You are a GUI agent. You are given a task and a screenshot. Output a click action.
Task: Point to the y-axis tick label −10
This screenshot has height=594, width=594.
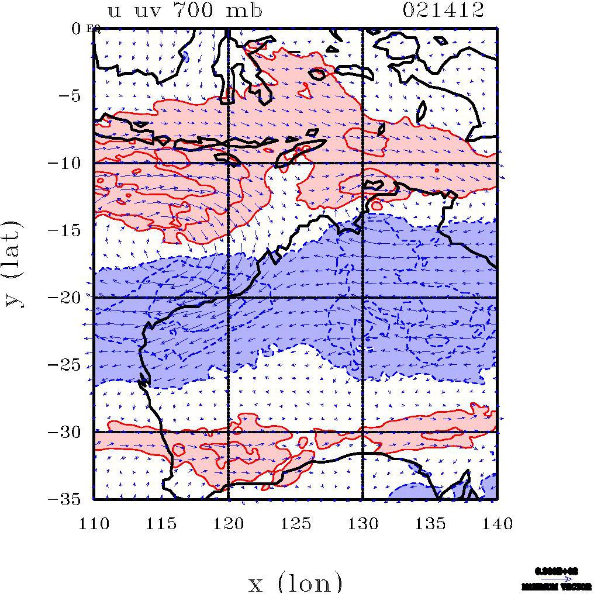(68, 163)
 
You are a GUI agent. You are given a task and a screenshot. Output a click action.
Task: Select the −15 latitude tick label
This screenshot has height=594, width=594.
(68, 230)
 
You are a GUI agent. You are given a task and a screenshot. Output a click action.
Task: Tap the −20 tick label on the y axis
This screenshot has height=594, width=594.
(68, 298)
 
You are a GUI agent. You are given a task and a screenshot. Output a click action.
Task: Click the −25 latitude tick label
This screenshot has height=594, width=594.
(68, 365)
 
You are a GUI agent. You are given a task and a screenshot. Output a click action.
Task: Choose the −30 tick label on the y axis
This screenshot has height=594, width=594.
(68, 432)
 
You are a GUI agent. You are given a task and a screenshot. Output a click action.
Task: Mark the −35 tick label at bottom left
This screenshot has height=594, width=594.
(68, 499)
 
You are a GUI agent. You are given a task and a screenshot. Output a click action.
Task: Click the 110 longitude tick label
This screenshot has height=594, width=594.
(94, 523)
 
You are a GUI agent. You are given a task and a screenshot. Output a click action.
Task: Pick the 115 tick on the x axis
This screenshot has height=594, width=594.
(161, 523)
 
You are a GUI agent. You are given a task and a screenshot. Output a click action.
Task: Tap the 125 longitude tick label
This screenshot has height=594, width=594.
(295, 523)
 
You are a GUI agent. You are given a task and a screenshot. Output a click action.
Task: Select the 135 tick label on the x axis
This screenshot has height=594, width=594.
(430, 523)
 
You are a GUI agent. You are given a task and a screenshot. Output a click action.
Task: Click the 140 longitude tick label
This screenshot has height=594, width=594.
(497, 523)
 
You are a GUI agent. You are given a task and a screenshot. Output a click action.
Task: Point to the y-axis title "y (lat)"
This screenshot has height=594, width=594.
(15, 263)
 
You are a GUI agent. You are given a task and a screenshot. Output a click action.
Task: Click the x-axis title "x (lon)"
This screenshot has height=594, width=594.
(295, 582)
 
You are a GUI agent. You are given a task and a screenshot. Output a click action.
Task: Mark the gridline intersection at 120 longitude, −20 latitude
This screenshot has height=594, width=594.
(228, 298)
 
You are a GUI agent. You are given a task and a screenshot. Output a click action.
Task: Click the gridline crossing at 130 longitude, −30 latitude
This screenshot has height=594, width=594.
(362, 432)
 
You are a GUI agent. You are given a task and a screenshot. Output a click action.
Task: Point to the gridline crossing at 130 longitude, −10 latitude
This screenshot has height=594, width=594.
(362, 163)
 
